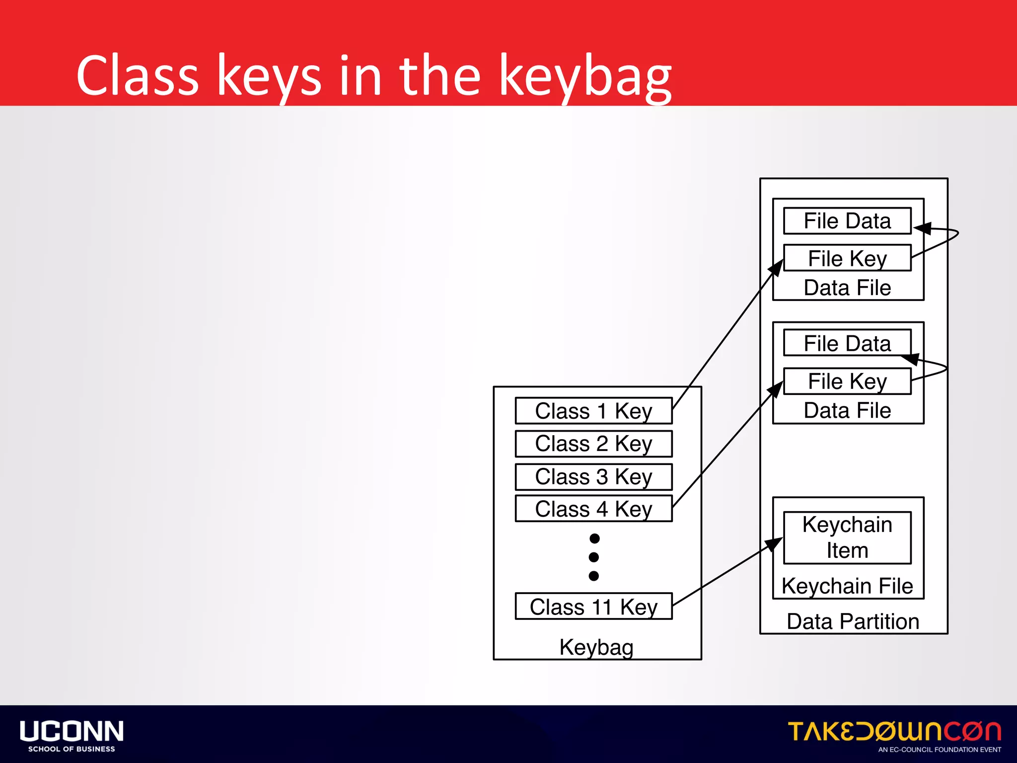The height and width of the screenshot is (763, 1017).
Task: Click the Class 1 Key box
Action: coord(593,411)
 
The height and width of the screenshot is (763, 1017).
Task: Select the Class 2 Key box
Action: coord(593,444)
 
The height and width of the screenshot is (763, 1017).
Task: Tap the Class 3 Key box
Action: coord(593,477)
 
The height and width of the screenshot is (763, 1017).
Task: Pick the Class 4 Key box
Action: coord(593,509)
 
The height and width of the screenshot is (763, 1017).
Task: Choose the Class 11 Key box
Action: coord(593,607)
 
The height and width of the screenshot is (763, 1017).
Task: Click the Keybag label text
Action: coord(596,647)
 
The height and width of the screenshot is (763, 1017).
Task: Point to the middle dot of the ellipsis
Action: coord(594,557)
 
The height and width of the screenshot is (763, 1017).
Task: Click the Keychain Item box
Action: coord(847,538)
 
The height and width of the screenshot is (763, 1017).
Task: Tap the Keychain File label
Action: coord(847,586)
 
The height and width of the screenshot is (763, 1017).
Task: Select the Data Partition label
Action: coord(853,621)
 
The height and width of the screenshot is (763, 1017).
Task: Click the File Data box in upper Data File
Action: coord(847,221)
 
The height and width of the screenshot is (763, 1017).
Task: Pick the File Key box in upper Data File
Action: coord(847,258)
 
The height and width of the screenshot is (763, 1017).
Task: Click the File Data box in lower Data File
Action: coord(847,343)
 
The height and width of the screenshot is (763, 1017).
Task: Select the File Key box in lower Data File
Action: coord(847,381)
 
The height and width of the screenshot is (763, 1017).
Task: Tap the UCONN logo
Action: coord(72,736)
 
